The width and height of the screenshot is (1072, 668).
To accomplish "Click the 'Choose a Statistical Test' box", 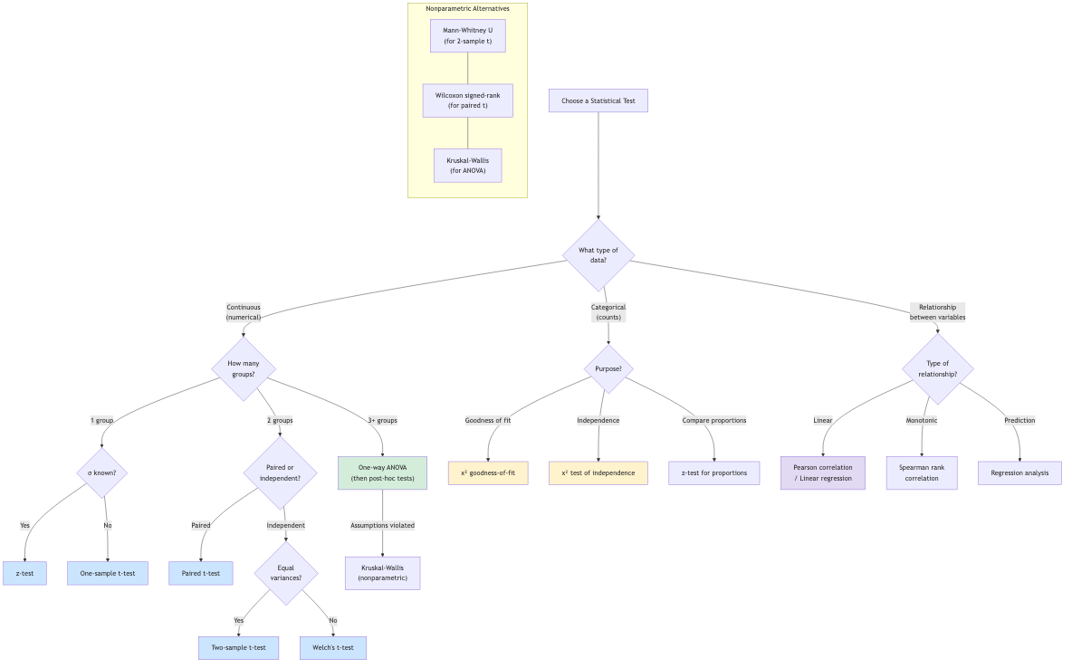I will pyautogui.click(x=598, y=100).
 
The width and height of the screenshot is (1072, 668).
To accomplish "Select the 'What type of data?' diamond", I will pyautogui.click(x=598, y=255).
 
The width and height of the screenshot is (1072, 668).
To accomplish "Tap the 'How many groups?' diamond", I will pyautogui.click(x=244, y=368).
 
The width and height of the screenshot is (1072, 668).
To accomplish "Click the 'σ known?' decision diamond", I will pyautogui.click(x=102, y=472).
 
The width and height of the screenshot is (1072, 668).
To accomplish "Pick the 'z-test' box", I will pyautogui.click(x=24, y=573).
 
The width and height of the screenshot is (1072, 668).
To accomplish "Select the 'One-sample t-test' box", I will pyautogui.click(x=108, y=573).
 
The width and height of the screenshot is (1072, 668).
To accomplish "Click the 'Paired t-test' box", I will pyautogui.click(x=201, y=573).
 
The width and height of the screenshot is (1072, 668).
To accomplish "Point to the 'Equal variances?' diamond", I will pyautogui.click(x=286, y=573).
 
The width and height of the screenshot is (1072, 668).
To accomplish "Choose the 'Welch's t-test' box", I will pyautogui.click(x=333, y=648).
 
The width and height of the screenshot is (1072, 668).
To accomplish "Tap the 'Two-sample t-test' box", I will pyautogui.click(x=239, y=648).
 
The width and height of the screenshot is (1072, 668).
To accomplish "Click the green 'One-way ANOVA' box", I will pyautogui.click(x=382, y=472).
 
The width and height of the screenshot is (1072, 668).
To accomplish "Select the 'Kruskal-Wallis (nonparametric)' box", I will pyautogui.click(x=382, y=573).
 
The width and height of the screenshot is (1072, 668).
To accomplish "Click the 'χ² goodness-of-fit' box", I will pyautogui.click(x=488, y=472).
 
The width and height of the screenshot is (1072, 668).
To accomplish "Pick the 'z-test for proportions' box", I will pyautogui.click(x=714, y=472).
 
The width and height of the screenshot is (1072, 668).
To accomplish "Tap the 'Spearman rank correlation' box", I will pyautogui.click(x=921, y=472).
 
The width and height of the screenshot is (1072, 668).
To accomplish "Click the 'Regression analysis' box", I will pyautogui.click(x=1019, y=472).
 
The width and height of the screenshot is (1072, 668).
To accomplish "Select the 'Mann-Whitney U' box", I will pyautogui.click(x=468, y=35).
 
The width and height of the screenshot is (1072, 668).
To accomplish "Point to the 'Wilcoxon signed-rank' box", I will pyautogui.click(x=468, y=100).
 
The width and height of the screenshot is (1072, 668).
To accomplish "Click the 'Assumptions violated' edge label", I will pyautogui.click(x=382, y=525).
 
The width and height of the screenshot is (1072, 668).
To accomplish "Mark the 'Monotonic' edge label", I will pyautogui.click(x=922, y=421).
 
